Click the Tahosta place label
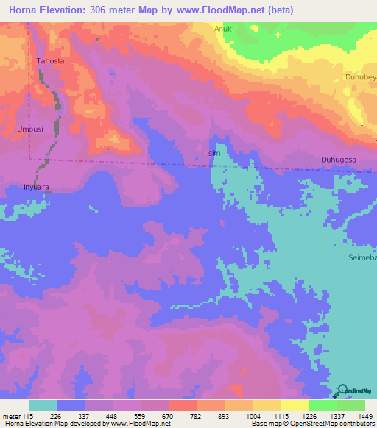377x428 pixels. tap(51, 62)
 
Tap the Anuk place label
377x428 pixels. tap(223, 29)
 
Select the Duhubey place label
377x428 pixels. tap(361, 76)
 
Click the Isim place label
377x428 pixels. tap(214, 153)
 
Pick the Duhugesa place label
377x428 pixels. tap(339, 159)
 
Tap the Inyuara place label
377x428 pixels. tap(36, 187)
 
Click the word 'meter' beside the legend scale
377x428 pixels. tap(10, 416)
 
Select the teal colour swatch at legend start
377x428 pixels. tap(43, 405)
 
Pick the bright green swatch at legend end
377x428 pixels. tap(350, 405)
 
